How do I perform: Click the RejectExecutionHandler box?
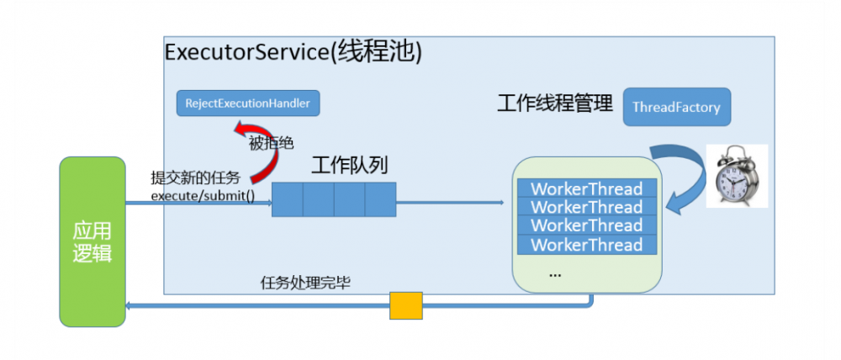point(248,103)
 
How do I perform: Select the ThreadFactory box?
point(676,107)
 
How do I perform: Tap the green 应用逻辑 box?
point(92,241)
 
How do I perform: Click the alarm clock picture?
point(736,176)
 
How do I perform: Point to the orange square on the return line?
point(405,305)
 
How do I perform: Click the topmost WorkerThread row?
point(586,188)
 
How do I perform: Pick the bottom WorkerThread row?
point(586,245)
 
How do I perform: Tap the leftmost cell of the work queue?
point(287,199)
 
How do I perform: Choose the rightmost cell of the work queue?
point(380,199)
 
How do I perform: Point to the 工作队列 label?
point(349,165)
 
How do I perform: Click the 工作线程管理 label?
point(555,103)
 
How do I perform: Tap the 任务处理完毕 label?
point(305,283)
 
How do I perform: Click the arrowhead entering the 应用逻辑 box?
point(129,305)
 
